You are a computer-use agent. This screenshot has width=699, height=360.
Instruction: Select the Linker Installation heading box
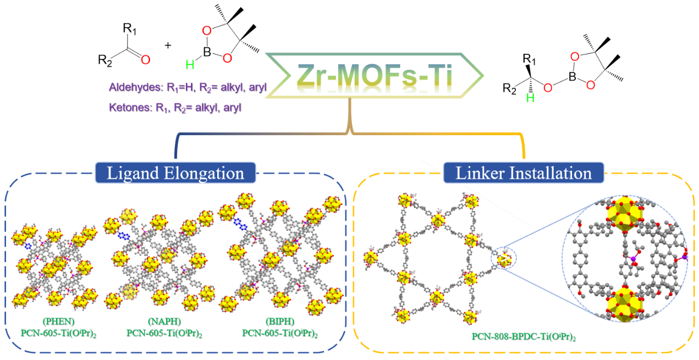tap(524, 174)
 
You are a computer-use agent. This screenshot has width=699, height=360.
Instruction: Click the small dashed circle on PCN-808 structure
tap(504, 258)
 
